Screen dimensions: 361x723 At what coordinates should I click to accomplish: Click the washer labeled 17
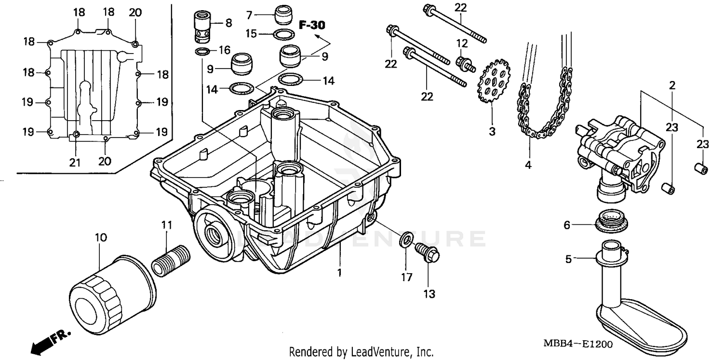(406, 239)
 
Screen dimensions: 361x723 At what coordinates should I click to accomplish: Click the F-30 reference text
(311, 25)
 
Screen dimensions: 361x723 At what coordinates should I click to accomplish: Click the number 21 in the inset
(74, 162)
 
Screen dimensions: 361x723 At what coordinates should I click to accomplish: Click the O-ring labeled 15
(284, 34)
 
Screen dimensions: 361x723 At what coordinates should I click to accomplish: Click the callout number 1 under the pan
(339, 273)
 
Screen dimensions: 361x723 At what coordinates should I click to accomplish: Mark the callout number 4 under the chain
(528, 165)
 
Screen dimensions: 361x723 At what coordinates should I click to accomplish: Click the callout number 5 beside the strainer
(568, 259)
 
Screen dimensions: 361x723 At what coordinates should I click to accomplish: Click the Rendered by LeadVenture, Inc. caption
(361, 352)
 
